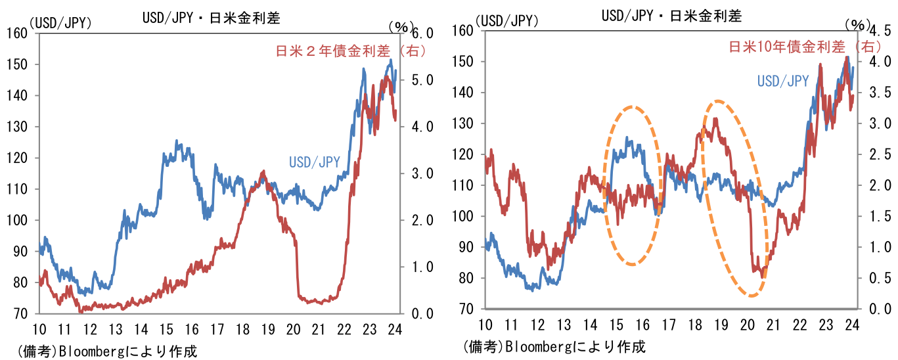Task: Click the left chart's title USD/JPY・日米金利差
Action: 211,18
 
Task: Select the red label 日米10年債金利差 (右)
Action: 805,47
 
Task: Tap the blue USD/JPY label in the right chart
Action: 782,81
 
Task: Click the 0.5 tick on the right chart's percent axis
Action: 878,279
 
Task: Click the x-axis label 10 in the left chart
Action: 40,328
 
